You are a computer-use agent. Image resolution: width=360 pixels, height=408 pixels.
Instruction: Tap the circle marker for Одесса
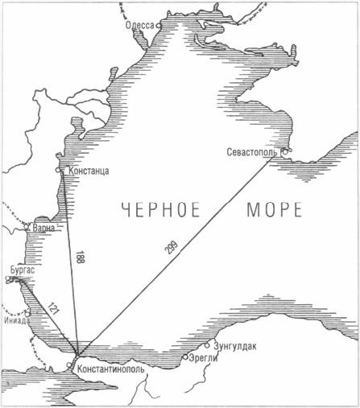[159, 26]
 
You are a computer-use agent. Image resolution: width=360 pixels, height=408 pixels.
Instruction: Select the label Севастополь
[253, 151]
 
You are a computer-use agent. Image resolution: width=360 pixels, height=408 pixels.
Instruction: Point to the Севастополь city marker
[283, 150]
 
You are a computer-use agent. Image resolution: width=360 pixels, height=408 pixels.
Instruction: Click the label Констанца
[89, 171]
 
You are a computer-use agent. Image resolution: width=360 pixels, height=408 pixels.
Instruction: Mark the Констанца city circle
[59, 170]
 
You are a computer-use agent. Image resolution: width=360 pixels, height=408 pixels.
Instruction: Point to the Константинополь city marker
[77, 355]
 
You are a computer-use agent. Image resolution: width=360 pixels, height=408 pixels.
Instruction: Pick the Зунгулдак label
[235, 346]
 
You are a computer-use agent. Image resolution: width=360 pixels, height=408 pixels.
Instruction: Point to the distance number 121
[53, 307]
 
